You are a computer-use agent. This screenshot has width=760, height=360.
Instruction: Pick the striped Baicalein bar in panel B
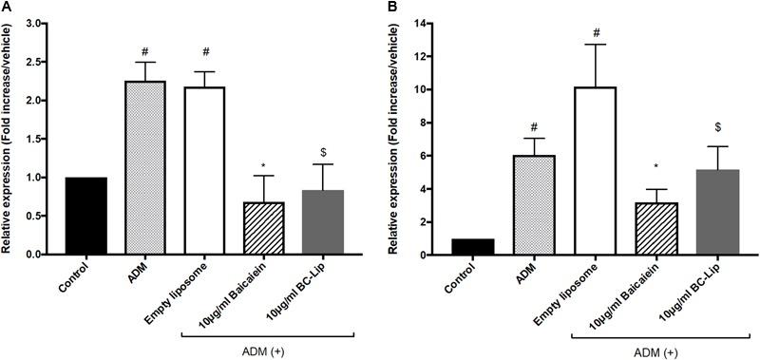[649, 229]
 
